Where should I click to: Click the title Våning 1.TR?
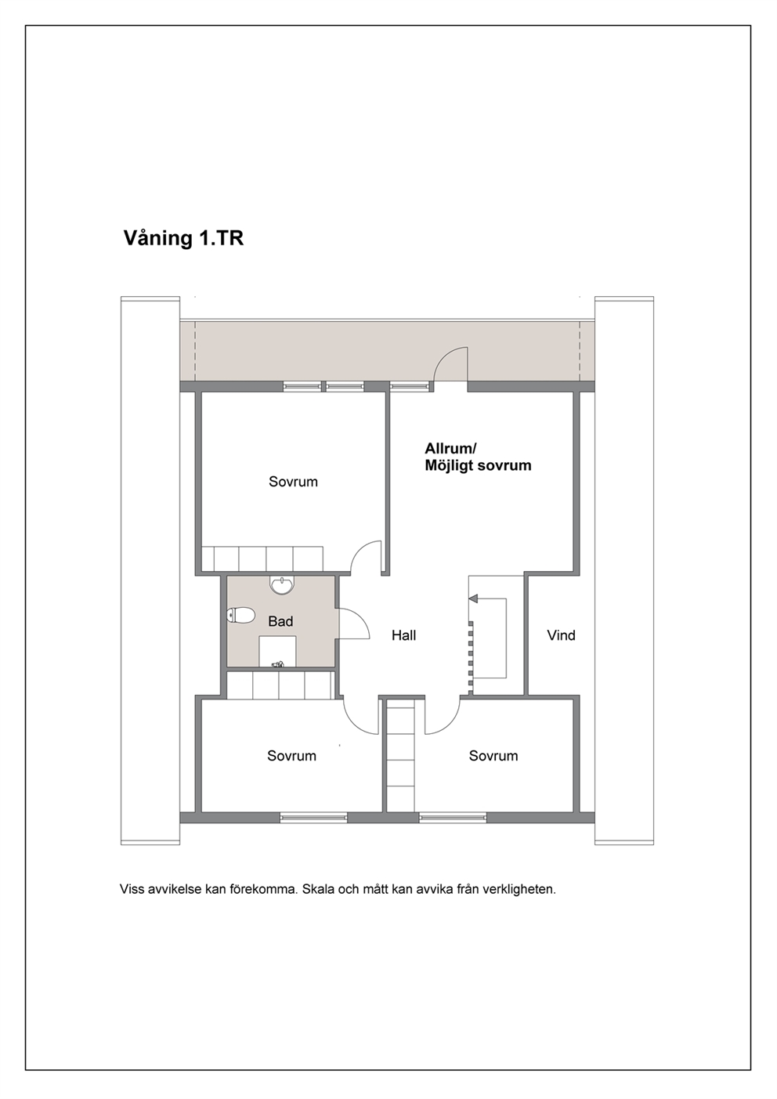coord(183,239)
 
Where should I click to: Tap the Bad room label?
coord(280,622)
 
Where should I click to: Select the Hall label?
coord(403,635)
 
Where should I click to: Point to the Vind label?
coord(561,635)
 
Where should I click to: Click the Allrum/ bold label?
coord(450,448)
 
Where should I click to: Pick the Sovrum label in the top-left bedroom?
coord(294,482)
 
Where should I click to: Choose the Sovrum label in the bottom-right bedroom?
coord(493,756)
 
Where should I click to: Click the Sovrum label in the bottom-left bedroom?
coord(292,756)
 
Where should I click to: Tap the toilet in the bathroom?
coord(240,615)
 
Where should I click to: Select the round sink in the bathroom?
coord(282,585)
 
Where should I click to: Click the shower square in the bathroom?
coord(277,652)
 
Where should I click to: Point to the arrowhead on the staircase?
coord(473,598)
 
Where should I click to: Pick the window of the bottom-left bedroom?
coord(313,817)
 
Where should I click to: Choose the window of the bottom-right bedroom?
coord(453,817)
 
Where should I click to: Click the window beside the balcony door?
coord(410,387)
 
